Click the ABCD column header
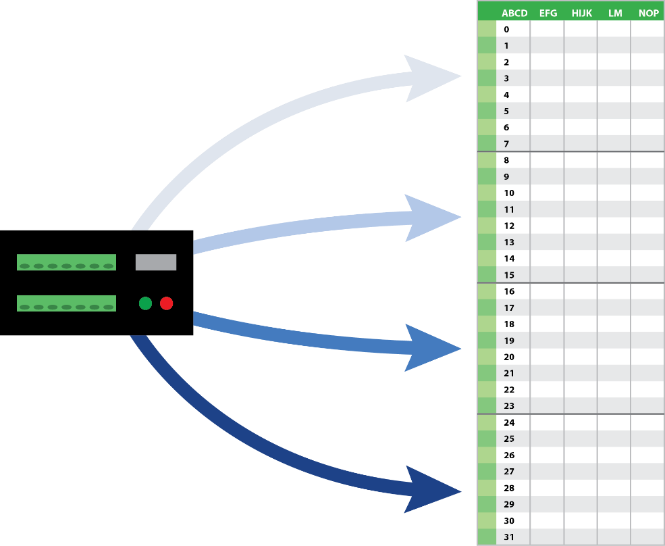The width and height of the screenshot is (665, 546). [514, 13]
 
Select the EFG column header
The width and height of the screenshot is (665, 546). [548, 13]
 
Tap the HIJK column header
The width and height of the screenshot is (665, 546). [581, 13]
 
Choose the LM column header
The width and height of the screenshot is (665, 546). [614, 13]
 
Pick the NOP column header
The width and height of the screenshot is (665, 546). [648, 13]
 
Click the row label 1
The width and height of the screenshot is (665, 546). [507, 46]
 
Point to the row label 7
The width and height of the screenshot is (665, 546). [507, 144]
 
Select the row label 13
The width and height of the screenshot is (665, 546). [509, 242]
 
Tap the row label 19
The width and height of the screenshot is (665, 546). [509, 341]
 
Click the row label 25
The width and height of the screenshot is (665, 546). [509, 439]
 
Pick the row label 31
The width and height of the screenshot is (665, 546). [509, 537]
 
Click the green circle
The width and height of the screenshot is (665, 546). [145, 303]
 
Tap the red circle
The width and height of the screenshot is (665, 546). [166, 303]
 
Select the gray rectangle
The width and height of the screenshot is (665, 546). [156, 262]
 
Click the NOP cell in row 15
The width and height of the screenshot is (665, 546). [647, 275]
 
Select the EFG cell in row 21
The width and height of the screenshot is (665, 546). [547, 373]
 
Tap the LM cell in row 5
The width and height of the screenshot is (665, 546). [614, 111]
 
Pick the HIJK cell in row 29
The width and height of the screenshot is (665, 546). [581, 504]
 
